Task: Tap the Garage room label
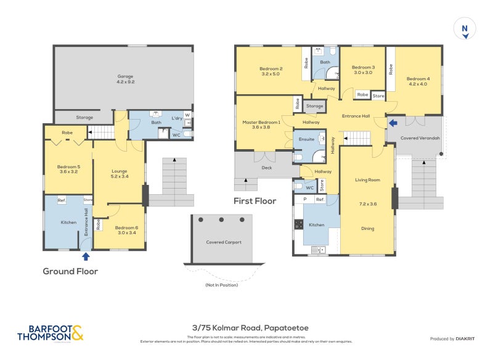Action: (x=126, y=80)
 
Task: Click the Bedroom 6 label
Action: (x=126, y=230)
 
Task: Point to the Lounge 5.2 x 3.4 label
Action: (x=119, y=174)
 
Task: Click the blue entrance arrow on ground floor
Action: (x=86, y=256)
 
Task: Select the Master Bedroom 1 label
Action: (x=261, y=125)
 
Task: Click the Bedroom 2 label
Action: (x=271, y=71)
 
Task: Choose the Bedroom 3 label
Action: (x=363, y=70)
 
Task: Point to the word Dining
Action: (x=367, y=229)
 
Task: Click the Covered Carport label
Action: (x=224, y=242)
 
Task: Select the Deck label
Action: (x=266, y=167)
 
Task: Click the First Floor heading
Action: (x=255, y=201)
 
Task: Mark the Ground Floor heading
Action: (x=70, y=271)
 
